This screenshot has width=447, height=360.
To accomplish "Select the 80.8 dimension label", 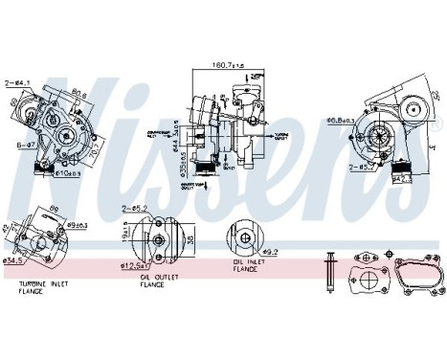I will (80, 93).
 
